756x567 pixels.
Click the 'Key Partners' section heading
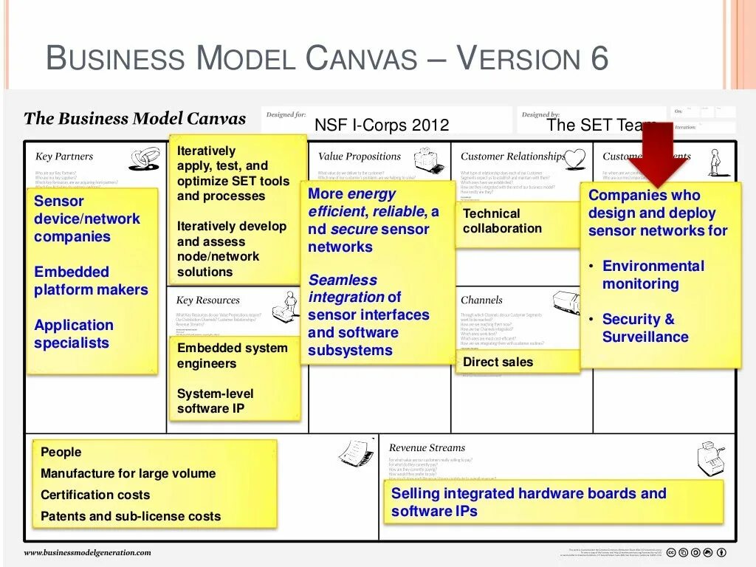coord(64,157)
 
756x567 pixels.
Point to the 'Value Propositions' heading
coord(359,157)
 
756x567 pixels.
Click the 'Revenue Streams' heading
coord(427,447)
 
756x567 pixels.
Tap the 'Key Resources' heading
coord(207,300)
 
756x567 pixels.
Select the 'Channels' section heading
coord(481,300)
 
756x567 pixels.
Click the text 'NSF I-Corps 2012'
coord(382,125)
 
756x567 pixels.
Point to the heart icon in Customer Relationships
coord(574,157)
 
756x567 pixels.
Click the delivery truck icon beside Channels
coord(567,302)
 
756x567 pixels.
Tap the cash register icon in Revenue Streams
coord(710,459)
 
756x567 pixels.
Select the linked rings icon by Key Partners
coord(145,158)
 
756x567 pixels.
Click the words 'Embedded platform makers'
coord(91,281)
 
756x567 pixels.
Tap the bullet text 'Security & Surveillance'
coord(645,328)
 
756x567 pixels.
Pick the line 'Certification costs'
coord(95,495)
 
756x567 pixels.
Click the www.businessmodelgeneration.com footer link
coord(87,552)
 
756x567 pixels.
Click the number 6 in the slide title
coord(599,58)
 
